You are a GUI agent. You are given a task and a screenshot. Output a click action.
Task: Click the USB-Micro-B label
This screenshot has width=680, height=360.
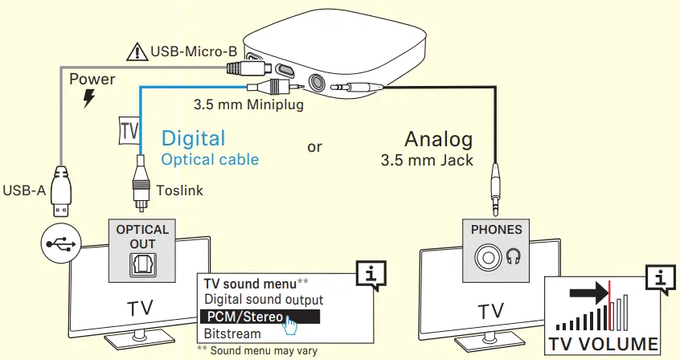194,53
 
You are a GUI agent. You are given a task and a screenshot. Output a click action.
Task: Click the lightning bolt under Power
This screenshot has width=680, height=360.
87,99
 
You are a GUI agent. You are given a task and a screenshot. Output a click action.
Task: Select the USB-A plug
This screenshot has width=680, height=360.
61,190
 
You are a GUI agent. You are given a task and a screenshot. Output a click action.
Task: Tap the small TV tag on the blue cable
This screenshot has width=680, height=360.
129,130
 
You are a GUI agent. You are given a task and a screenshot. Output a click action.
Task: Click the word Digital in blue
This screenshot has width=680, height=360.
194,137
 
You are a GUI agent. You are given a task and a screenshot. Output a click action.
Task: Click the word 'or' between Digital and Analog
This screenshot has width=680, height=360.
315,147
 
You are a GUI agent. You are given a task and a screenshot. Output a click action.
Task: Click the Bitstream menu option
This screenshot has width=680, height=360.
232,333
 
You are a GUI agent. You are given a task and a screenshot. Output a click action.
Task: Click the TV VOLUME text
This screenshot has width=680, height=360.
604,345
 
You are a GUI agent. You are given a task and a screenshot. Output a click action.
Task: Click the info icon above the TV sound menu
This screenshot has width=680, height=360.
370,275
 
